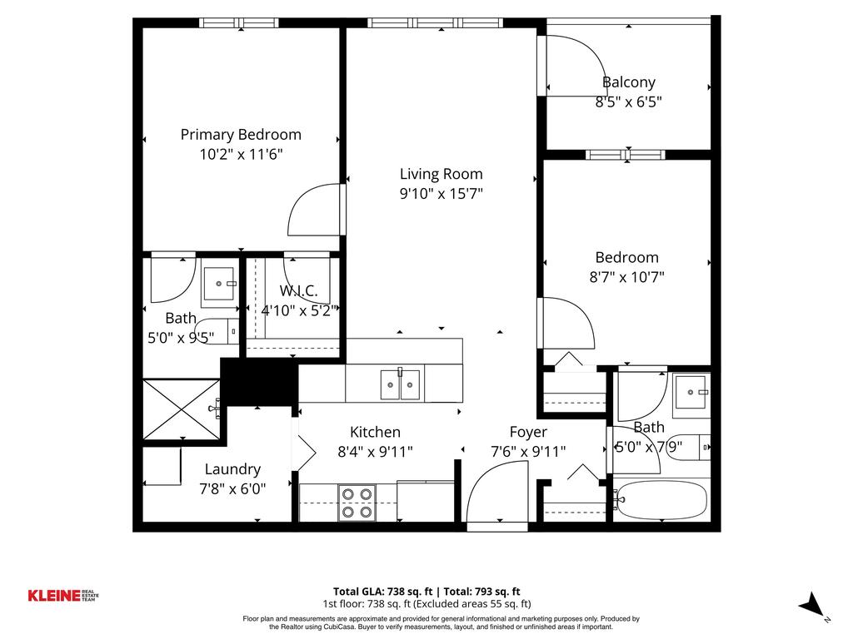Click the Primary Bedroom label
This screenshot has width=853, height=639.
coord(241,134)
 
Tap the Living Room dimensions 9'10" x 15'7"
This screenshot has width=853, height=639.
coord(441,194)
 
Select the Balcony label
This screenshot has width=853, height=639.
coord(628,82)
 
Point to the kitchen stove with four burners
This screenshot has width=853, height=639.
coord(357,503)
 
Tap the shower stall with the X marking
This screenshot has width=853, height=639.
coord(182,409)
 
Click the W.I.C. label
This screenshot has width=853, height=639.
coord(298,291)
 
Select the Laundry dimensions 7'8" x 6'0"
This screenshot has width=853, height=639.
coord(232,489)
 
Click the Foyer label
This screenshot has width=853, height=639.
coord(528,432)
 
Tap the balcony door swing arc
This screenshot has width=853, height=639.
coord(575,67)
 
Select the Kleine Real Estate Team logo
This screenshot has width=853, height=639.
coord(66,595)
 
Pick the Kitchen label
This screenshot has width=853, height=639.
coord(375,432)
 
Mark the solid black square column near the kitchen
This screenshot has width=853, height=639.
coord(258,381)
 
